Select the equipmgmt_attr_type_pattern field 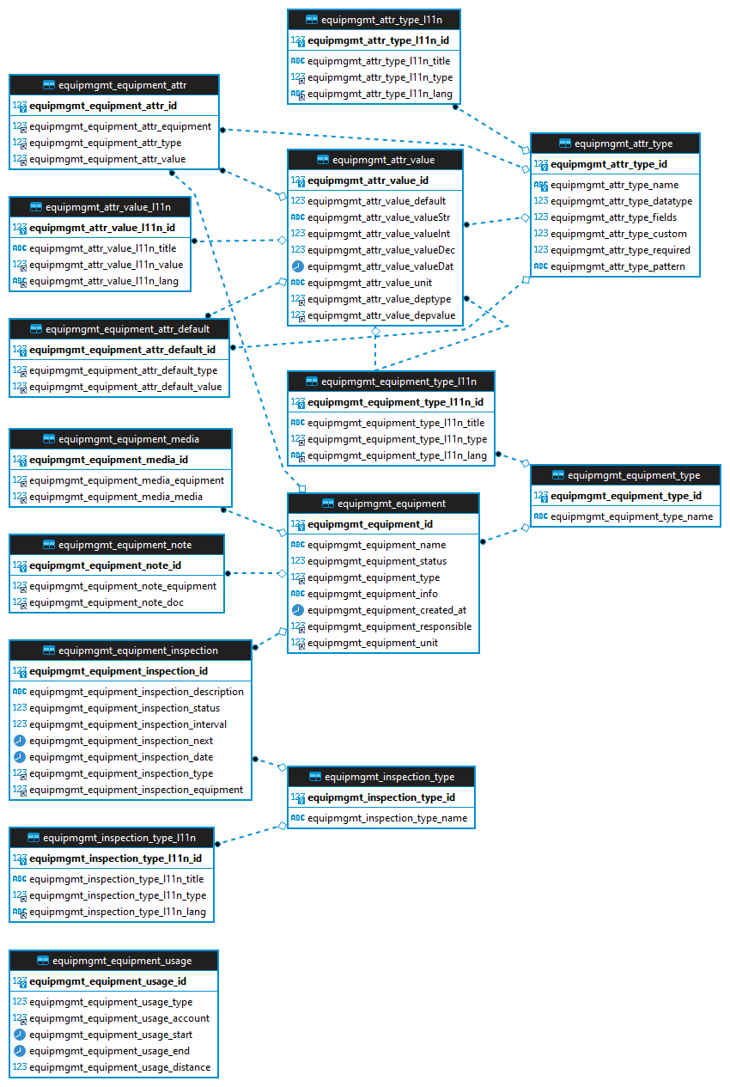[x=617, y=266]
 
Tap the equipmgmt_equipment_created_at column [x=386, y=610]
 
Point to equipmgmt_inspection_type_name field [x=387, y=818]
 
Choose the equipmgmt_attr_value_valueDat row [x=380, y=266]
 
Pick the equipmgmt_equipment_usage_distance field [x=119, y=1067]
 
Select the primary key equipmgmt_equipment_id [x=370, y=524]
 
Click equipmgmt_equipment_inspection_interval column [x=128, y=724]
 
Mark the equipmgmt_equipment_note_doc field [x=106, y=602]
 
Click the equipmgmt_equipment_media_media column [x=116, y=497]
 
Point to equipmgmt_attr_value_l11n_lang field [x=104, y=281]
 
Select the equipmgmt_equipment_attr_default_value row [x=125, y=387]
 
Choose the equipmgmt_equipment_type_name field [x=631, y=516]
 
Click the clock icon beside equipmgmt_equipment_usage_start [x=19, y=1035]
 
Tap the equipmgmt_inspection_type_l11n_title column [x=117, y=879]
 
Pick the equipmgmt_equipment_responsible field [x=389, y=626]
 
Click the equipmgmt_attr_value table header [x=375, y=160]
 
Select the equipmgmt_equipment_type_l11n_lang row [x=397, y=455]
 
